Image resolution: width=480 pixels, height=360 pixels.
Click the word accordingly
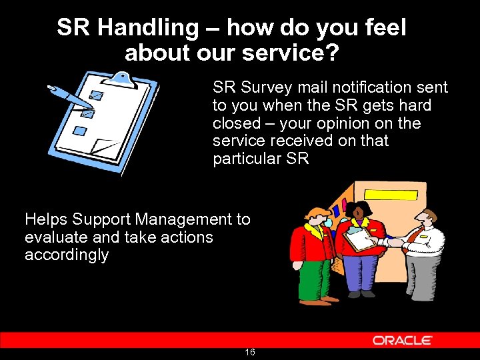66,255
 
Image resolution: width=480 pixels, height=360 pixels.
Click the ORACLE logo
402,340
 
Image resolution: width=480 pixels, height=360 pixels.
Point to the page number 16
250,352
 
